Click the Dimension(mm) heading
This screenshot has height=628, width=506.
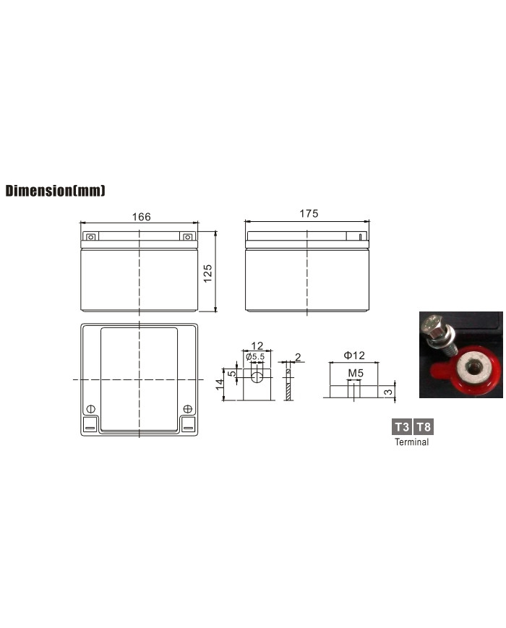coord(55,191)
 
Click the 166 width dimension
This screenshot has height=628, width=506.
coord(142,217)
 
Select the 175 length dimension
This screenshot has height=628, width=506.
coord(309,213)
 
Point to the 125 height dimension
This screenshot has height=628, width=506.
coord(208,274)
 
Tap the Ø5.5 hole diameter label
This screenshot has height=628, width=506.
coord(255,356)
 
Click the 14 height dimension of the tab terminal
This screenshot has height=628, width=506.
coord(220,384)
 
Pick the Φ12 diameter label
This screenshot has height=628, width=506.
coord(354,356)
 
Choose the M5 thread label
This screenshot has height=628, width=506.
coord(356,374)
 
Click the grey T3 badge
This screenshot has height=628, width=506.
coord(401,426)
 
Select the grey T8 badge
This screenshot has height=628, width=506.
coord(424,426)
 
